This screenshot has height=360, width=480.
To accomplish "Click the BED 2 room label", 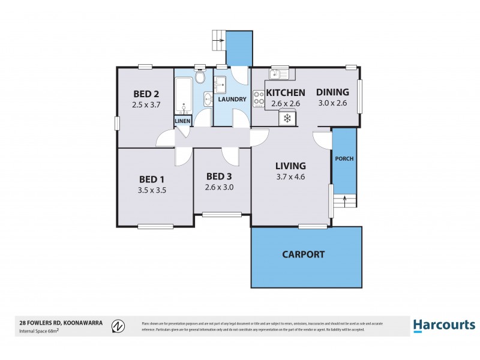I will point(146,94).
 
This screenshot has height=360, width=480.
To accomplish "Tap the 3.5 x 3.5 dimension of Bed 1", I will point(152,190).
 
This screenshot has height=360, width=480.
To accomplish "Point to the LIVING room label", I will point(290,166).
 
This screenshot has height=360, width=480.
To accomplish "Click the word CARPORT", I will point(303,254).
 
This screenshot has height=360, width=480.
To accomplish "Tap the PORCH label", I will point(344,159).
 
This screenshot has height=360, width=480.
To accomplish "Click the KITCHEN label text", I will point(286,92).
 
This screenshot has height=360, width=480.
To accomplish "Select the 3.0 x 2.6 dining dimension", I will point(332,103).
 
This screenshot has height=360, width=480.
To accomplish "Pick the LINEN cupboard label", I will point(182,121).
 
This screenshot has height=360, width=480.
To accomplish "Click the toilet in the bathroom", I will point(200,78).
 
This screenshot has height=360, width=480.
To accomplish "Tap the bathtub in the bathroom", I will point(182,93).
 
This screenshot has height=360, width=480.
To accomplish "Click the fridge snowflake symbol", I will point(287,118).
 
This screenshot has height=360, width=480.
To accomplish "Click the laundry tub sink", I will point(220,82).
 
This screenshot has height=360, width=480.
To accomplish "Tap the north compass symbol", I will point(119,326).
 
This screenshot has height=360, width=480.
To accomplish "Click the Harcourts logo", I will point(444,325).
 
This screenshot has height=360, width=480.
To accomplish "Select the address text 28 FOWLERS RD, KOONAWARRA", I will point(61,323).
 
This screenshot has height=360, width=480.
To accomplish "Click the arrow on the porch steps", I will point(345,199).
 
